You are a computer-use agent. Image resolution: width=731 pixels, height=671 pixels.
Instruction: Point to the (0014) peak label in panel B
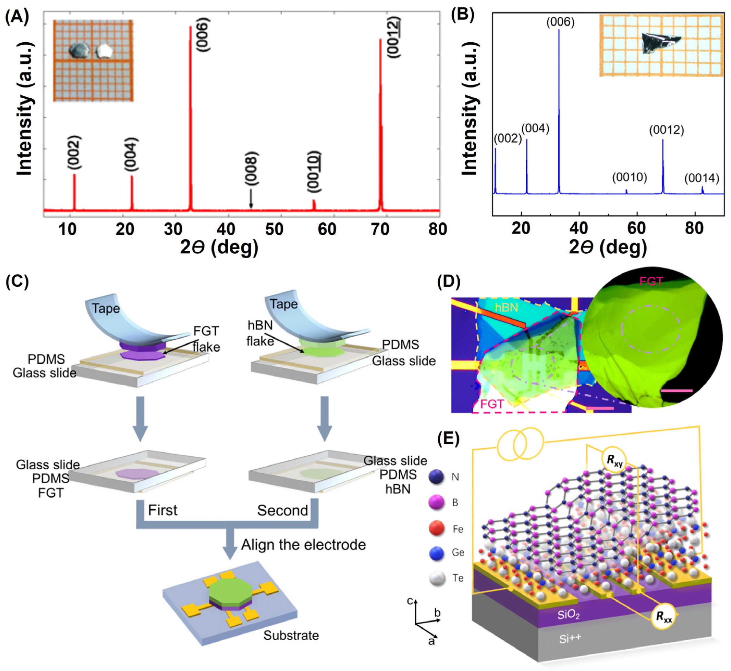tap(702, 178)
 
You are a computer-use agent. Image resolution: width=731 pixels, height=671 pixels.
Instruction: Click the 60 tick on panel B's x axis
tap(637, 228)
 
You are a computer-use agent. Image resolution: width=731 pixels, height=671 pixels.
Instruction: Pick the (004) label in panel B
tap(535, 129)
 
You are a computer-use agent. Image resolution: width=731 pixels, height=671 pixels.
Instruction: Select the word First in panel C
tap(162, 510)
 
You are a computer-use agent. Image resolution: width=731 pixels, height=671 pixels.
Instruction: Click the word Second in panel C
tap(283, 510)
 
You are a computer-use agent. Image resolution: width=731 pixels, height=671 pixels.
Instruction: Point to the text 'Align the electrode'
tap(304, 545)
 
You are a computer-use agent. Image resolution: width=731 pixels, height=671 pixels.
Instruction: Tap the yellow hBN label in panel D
tap(506, 308)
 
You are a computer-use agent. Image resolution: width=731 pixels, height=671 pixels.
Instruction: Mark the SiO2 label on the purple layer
tap(568, 615)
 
